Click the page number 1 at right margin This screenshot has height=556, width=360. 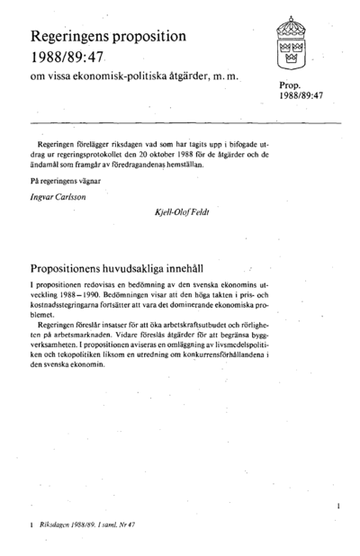337,507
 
